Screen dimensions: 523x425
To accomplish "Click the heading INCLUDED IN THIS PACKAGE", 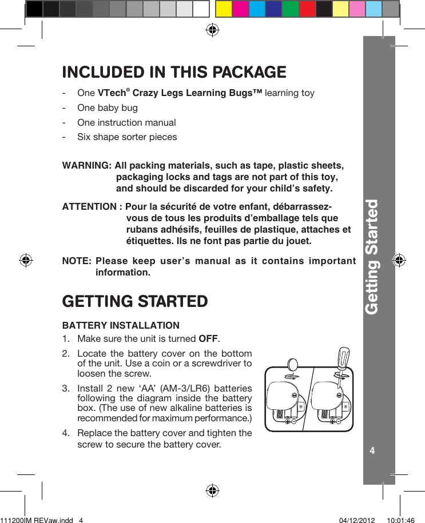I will (x=174, y=72).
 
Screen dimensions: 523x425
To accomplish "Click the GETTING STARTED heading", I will (x=134, y=301).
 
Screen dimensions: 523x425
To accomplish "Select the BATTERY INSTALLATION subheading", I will (x=120, y=326).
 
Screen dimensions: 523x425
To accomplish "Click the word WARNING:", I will (x=86, y=166).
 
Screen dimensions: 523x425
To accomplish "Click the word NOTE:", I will (x=76, y=262).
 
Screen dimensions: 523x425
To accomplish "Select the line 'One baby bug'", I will (x=107, y=107).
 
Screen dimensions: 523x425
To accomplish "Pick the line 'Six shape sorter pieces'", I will (x=127, y=137).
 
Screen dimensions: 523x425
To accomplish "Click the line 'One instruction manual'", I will (x=126, y=122).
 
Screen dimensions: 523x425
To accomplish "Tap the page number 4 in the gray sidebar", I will (x=372, y=450).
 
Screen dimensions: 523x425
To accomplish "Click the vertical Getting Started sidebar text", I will (x=372, y=257).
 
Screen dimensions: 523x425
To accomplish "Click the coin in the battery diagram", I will (x=292, y=366).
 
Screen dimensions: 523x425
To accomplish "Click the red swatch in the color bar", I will (x=308, y=9).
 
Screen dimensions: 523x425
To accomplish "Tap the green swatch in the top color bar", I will (x=291, y=9).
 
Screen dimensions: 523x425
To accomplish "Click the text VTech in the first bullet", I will (x=110, y=93).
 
